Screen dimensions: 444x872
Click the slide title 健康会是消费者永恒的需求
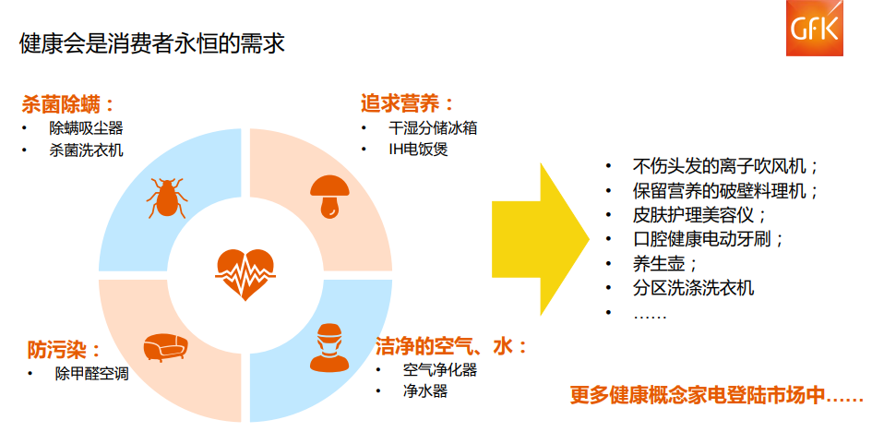[151, 43]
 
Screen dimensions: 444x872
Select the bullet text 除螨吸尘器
[86, 128]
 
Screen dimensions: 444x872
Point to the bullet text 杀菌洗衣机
[86, 150]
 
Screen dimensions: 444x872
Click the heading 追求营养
[407, 103]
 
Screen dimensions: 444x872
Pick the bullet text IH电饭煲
[417, 150]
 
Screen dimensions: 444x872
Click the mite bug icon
[167, 198]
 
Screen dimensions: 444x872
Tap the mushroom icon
[328, 194]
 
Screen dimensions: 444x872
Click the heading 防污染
[63, 350]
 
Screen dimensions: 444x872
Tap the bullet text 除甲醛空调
[91, 374]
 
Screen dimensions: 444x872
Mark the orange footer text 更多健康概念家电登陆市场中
[716, 397]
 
